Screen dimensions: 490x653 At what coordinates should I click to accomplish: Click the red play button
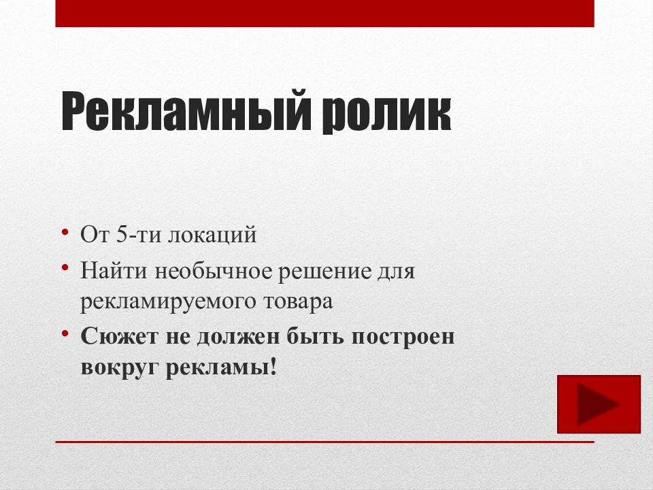pyautogui.click(x=599, y=404)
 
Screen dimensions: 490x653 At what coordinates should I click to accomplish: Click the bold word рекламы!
pyautogui.click(x=224, y=367)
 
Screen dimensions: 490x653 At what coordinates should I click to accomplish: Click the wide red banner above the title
pyautogui.click(x=324, y=13)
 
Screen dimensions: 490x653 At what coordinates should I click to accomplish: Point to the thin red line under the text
pyautogui.click(x=324, y=442)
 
